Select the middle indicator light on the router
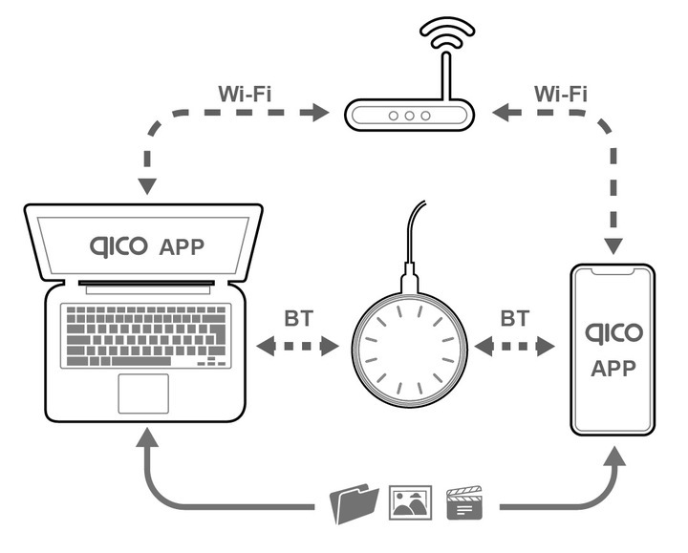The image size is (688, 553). (x=410, y=116)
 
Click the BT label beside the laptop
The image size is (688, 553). (x=298, y=317)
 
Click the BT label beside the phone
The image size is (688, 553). (x=515, y=317)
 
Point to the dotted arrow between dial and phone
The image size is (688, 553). (x=515, y=346)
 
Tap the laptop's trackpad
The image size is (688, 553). (x=143, y=393)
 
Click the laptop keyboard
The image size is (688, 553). (x=145, y=334)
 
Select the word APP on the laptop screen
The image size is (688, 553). (x=183, y=247)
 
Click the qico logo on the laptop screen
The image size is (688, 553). (x=118, y=246)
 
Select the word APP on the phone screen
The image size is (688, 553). (x=613, y=369)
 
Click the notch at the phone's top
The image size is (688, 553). (x=613, y=272)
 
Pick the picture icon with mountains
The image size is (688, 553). (x=410, y=502)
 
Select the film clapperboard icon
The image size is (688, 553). (x=465, y=502)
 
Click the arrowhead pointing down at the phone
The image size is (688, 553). (x=613, y=245)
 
